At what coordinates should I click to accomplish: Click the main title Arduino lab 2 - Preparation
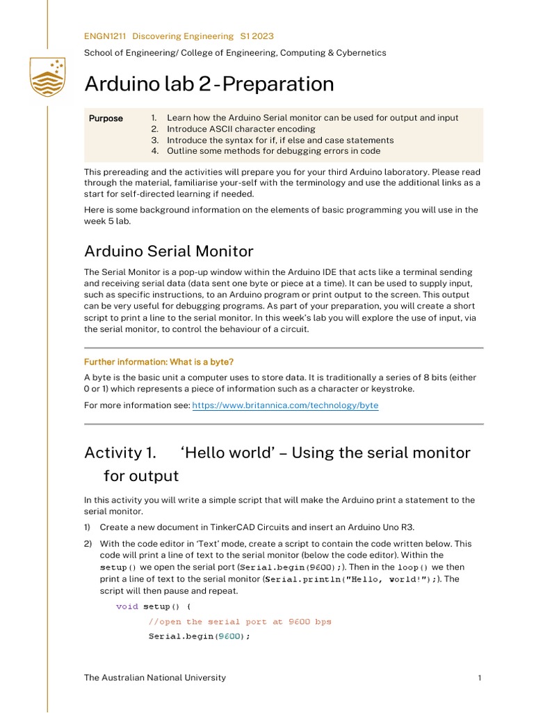[209, 84]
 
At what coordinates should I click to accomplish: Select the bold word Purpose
[106, 118]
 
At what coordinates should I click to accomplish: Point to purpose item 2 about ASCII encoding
[241, 129]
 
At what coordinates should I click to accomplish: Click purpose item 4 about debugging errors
[273, 150]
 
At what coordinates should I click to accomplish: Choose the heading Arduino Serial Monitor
[168, 251]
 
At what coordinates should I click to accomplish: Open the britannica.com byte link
[285, 405]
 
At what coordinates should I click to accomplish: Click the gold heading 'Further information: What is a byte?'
[159, 362]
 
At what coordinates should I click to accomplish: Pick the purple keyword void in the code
[127, 606]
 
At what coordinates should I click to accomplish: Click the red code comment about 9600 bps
[240, 622]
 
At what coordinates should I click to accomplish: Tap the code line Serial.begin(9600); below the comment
[199, 636]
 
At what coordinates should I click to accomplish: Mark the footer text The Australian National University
[154, 677]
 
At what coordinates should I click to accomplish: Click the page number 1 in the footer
[480, 677]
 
